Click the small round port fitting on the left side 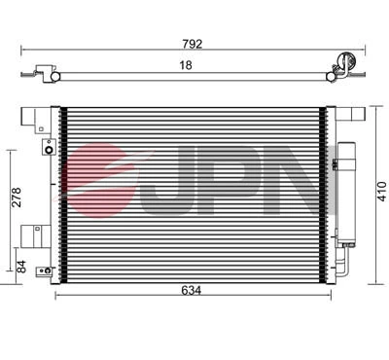(46, 150)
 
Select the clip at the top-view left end (42, 71)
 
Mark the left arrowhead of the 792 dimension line (22, 50)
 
